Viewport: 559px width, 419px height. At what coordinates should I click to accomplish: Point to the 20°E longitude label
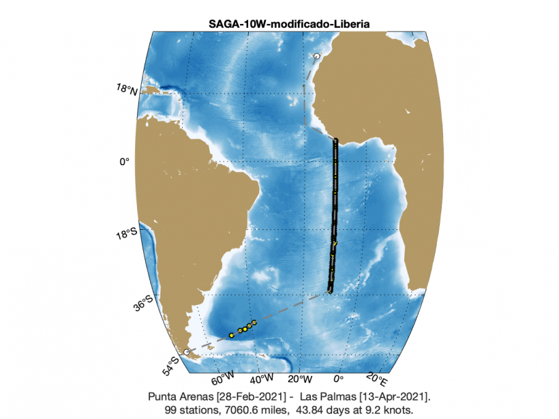(x=376, y=377)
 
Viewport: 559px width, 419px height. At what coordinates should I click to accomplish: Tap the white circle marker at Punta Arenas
(x=186, y=351)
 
